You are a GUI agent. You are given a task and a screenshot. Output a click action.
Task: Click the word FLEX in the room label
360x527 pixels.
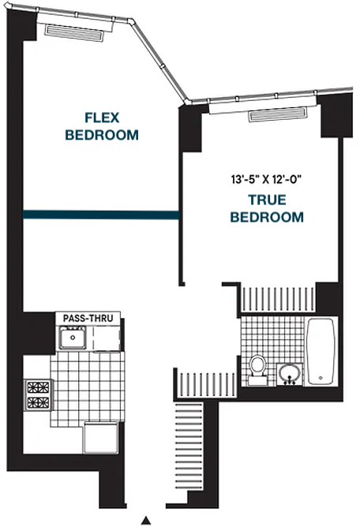click(102, 118)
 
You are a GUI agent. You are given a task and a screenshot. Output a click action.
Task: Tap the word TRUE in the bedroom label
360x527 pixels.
click(267, 200)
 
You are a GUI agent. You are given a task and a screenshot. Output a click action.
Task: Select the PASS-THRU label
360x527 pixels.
click(88, 318)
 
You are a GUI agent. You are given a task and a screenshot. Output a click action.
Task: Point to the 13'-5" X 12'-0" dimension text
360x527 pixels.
click(265, 179)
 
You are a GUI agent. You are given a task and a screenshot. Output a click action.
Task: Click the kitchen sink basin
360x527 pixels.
click(73, 338)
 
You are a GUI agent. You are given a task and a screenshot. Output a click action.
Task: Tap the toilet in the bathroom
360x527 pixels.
click(258, 370)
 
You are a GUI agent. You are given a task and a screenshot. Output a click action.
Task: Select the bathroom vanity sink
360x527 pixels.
click(290, 374)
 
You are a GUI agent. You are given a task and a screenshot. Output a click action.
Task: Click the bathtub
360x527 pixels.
click(321, 351)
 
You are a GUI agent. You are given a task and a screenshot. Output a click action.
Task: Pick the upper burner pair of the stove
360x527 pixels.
click(39, 387)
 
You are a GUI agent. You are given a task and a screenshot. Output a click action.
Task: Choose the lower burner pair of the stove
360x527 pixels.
click(39, 402)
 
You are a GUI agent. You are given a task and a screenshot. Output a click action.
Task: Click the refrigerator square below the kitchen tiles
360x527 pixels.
click(100, 438)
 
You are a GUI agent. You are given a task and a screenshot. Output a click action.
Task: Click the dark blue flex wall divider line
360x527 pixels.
click(101, 215)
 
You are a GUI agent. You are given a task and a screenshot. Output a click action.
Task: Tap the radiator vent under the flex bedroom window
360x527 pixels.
click(74, 33)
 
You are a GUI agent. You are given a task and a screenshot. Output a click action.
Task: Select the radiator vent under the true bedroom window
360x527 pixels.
click(278, 114)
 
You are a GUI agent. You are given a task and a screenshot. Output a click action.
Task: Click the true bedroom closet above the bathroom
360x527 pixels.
click(279, 300)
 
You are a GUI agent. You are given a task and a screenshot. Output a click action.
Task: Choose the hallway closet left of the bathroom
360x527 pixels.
click(207, 385)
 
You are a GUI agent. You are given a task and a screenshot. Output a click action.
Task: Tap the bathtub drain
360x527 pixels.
click(321, 378)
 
